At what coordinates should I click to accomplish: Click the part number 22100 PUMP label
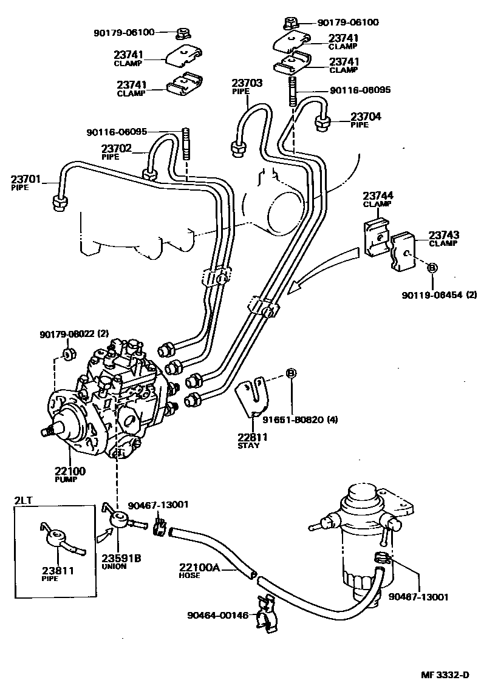[x=70, y=474]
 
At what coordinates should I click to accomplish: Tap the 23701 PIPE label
[x=26, y=183]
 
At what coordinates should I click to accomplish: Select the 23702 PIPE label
[x=117, y=151]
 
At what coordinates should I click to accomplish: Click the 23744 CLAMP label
[x=378, y=199]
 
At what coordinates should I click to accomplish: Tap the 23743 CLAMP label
[x=444, y=239]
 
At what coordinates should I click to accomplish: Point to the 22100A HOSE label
[x=198, y=571]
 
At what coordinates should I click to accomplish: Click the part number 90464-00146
[x=217, y=615]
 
